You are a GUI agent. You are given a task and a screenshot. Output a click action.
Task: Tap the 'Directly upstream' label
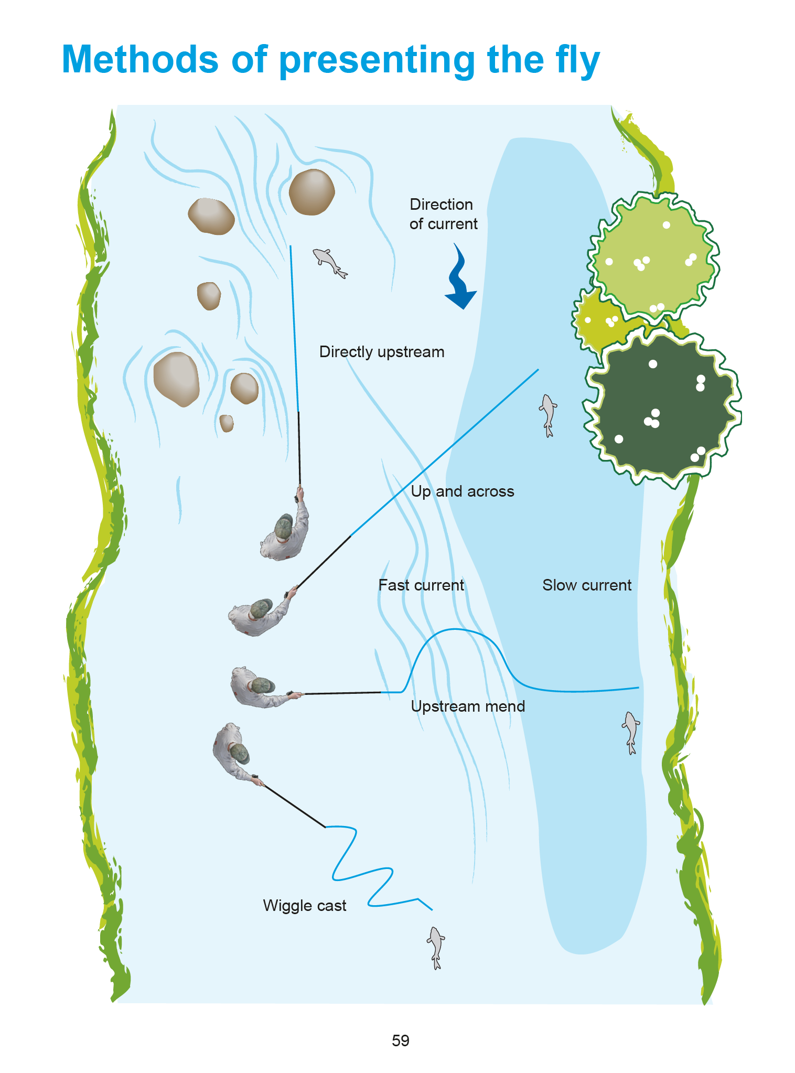[x=381, y=352]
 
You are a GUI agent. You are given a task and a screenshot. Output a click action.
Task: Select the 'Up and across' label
[x=462, y=491]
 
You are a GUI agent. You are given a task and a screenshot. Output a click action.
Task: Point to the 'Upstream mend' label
[x=467, y=706]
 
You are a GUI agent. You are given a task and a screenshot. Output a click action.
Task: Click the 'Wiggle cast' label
[x=304, y=906]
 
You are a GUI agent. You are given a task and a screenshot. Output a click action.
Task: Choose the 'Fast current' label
[x=421, y=585]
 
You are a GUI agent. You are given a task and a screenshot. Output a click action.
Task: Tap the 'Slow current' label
[x=586, y=585]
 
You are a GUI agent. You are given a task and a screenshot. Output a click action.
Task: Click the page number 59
[x=400, y=1040]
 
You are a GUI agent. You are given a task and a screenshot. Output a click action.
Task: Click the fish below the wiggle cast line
[x=435, y=947]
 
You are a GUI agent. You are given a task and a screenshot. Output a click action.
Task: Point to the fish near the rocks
[x=329, y=262]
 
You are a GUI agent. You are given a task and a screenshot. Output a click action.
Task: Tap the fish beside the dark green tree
[x=547, y=414]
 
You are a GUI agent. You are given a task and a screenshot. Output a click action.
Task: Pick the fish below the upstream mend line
[x=630, y=732]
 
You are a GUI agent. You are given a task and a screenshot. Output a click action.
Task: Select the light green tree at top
[x=653, y=254]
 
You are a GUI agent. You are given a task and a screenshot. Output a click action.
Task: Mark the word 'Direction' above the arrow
[x=441, y=205]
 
